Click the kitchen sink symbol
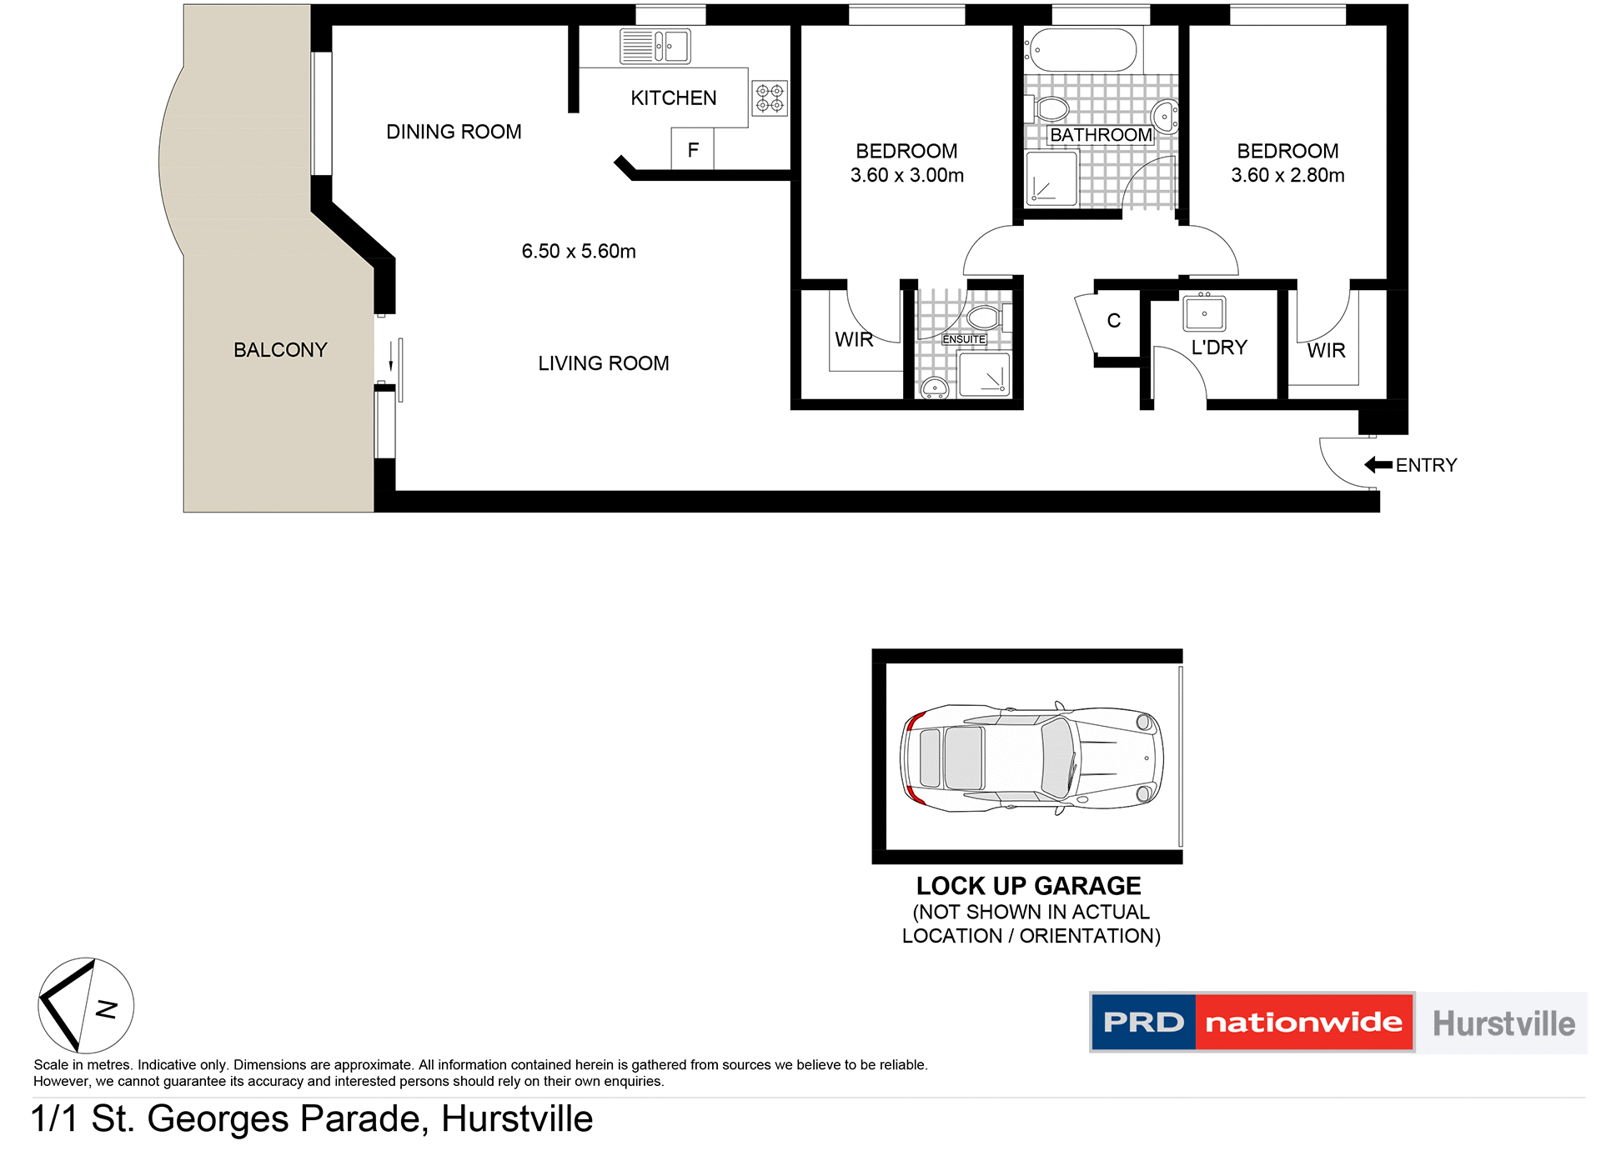click(x=655, y=47)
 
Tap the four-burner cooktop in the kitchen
click(x=770, y=98)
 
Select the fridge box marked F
click(x=692, y=150)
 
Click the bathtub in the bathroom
click(x=1082, y=50)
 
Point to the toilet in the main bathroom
click(x=1052, y=109)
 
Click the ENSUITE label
click(x=964, y=339)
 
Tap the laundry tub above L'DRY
click(x=1204, y=314)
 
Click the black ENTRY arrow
click(x=1378, y=465)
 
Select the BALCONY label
click(x=280, y=350)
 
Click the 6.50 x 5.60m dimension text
click(x=579, y=251)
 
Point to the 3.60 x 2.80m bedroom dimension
click(x=1287, y=175)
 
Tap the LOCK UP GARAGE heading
click(x=1028, y=885)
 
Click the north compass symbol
click(x=86, y=1005)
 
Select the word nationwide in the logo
click(x=1303, y=1023)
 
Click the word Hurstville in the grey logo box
click(x=1503, y=1023)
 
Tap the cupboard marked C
click(x=1113, y=321)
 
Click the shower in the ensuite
click(x=985, y=374)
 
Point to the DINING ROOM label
click(x=454, y=132)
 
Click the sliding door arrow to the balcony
click(x=390, y=358)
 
